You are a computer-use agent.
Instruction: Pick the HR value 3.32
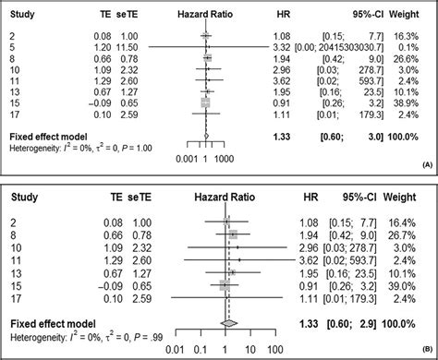(x=283, y=44)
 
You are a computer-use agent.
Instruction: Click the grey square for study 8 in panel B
(x=234, y=234)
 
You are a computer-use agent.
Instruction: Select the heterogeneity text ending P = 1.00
(x=74, y=149)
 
